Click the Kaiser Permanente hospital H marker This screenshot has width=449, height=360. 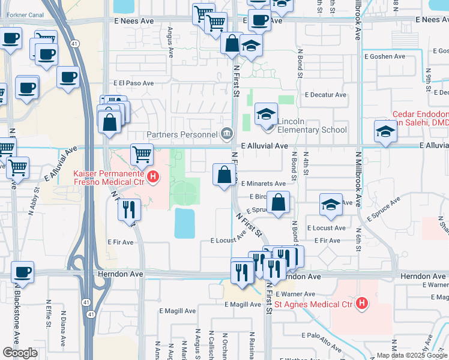coord(154,177)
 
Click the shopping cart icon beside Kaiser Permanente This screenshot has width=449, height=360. coord(142,154)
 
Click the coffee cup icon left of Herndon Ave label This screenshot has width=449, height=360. coord(23,272)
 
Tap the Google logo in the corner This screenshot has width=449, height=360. coord(20,353)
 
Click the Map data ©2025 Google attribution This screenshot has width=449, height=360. coord(412,355)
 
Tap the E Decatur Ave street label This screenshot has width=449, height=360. coord(326,95)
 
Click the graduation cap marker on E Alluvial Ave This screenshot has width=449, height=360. coord(385,131)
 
